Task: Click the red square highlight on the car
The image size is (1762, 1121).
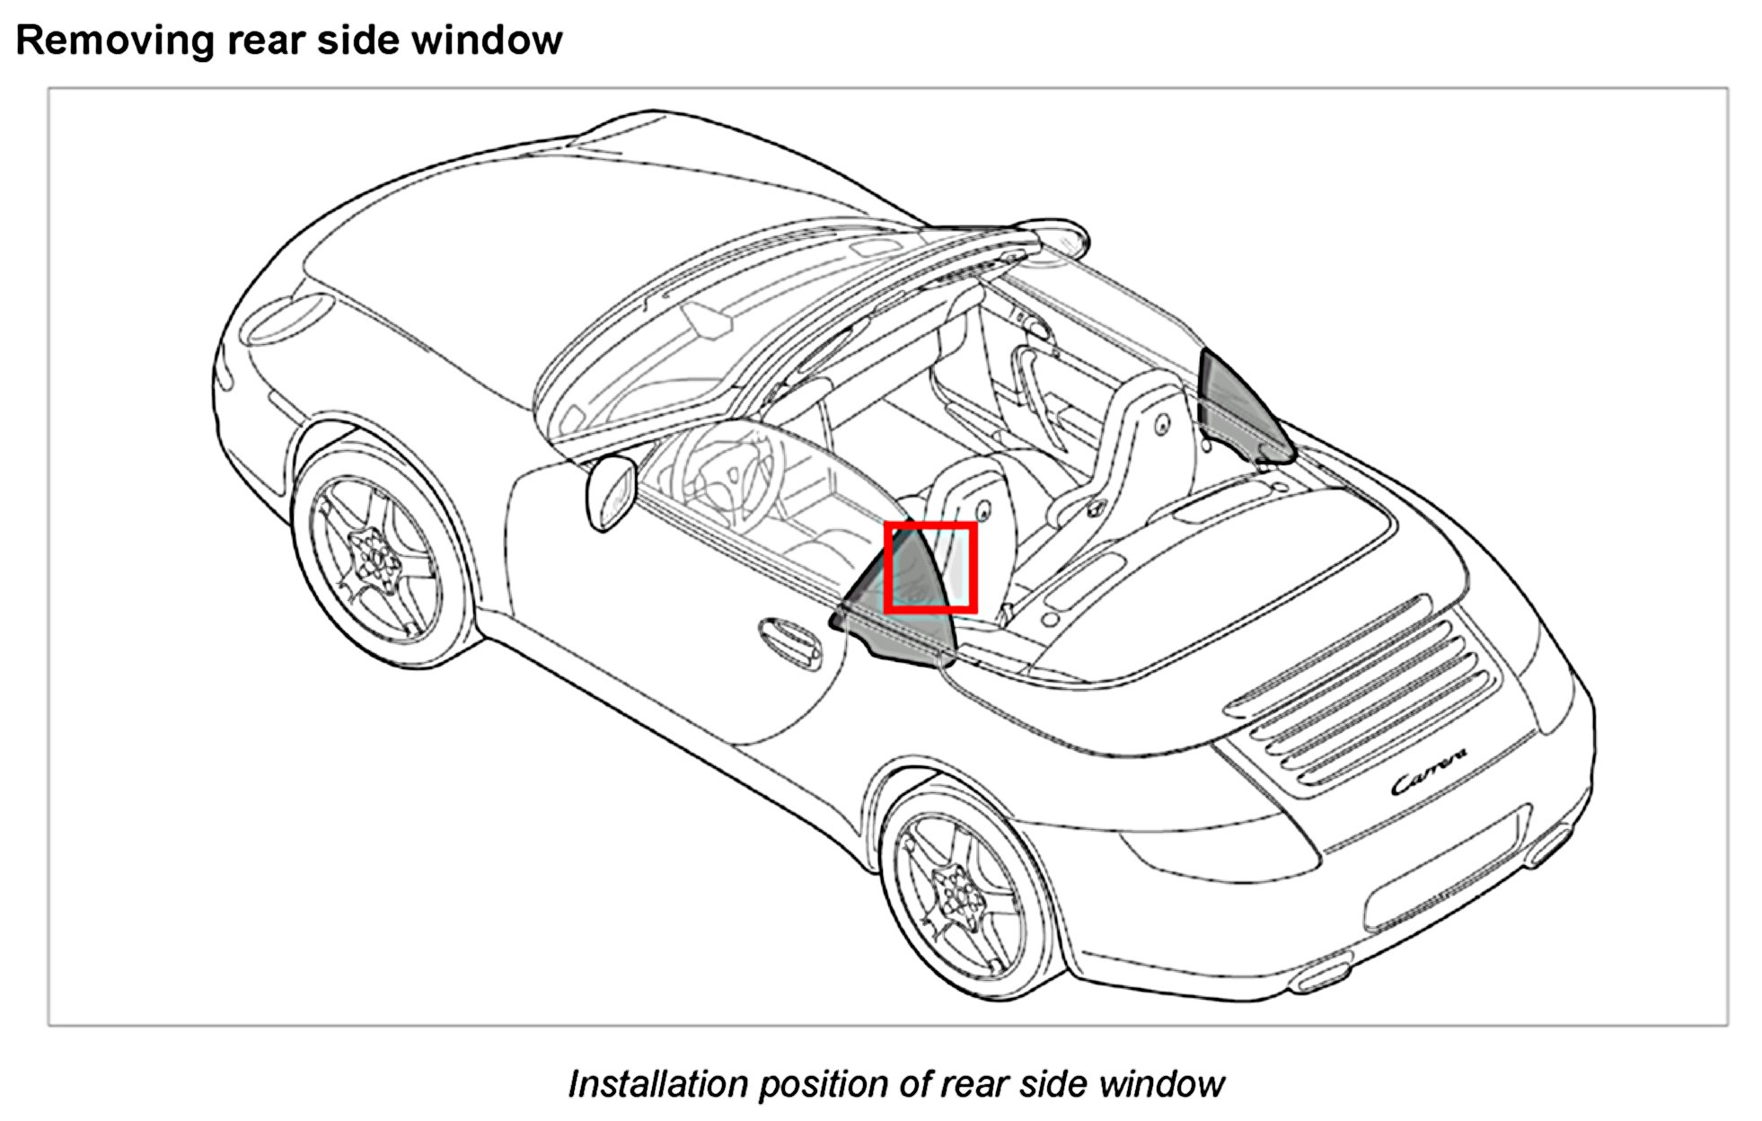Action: click(x=930, y=568)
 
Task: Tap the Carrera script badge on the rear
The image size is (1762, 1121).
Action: click(x=1429, y=772)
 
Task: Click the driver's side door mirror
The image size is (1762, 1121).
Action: click(x=611, y=492)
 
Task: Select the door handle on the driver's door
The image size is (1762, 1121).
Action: click(x=789, y=642)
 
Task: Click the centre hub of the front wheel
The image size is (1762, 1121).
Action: click(x=375, y=556)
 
